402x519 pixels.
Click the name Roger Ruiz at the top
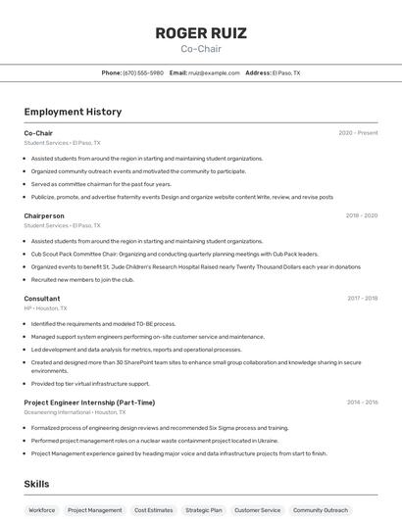click(x=201, y=33)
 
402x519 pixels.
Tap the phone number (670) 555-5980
click(x=143, y=72)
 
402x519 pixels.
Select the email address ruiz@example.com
click(x=214, y=72)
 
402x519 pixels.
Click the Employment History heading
click(x=73, y=112)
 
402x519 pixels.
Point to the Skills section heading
click(x=36, y=484)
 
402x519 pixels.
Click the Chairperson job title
click(x=44, y=215)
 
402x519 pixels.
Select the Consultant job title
click(x=42, y=299)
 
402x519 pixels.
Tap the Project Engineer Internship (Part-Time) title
click(x=89, y=402)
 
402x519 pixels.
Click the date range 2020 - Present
click(x=358, y=133)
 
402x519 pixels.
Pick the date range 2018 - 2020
click(x=362, y=215)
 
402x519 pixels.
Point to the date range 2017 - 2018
click(x=362, y=299)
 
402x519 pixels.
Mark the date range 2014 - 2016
click(x=362, y=402)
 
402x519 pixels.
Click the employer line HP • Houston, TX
click(x=45, y=308)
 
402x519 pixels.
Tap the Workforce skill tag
click(x=41, y=510)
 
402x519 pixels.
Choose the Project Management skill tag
click(x=94, y=510)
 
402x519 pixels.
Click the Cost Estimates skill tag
click(x=154, y=510)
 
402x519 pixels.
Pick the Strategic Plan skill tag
click(x=204, y=510)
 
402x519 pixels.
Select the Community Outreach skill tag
click(x=321, y=510)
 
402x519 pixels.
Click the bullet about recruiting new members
click(x=82, y=279)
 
